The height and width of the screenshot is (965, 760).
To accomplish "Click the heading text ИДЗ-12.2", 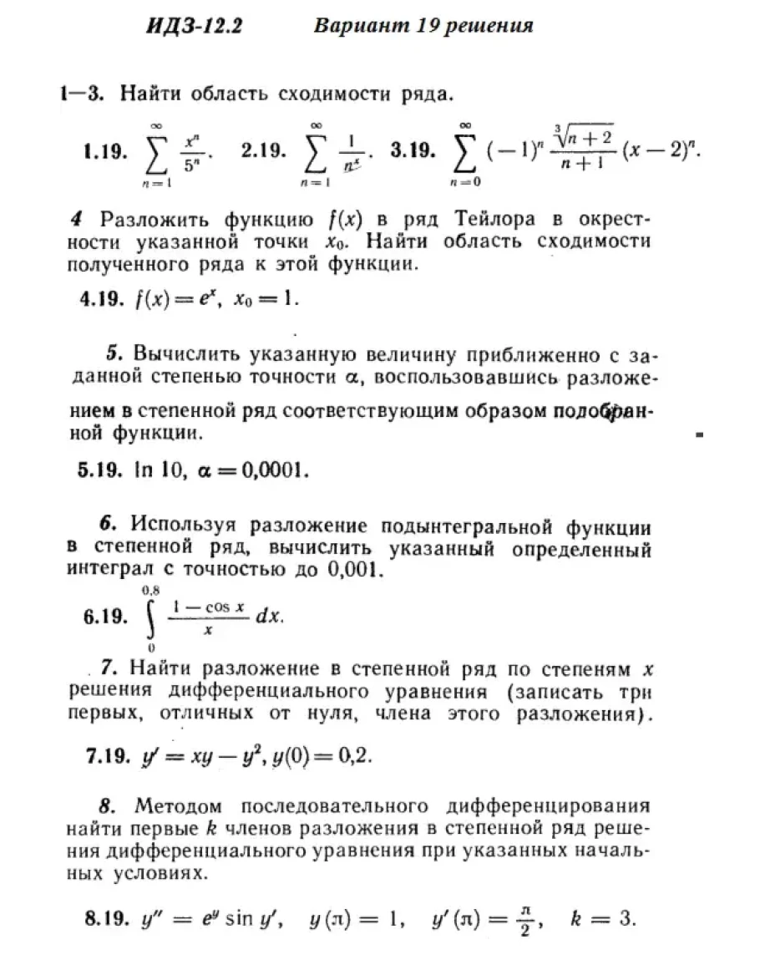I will (x=194, y=26).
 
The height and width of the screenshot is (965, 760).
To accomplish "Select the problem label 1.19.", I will (x=104, y=151).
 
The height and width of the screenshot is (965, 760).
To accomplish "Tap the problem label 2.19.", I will (x=263, y=151).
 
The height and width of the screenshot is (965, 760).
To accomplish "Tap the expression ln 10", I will (x=159, y=470).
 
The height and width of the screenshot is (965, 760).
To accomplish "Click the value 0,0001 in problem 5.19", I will (x=275, y=470).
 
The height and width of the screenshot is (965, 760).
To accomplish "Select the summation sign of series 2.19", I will (x=315, y=151).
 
